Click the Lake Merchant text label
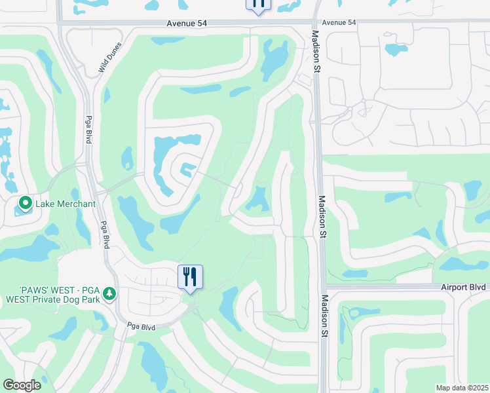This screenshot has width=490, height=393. [x=66, y=204]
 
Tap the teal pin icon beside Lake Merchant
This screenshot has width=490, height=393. [x=26, y=204]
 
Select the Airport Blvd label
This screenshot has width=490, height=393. [x=463, y=287]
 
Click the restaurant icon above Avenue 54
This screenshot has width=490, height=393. [x=259, y=4]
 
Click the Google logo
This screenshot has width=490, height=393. [x=22, y=384]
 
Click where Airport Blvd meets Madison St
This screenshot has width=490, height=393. [x=323, y=287]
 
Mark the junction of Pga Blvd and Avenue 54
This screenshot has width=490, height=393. [x=64, y=24]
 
